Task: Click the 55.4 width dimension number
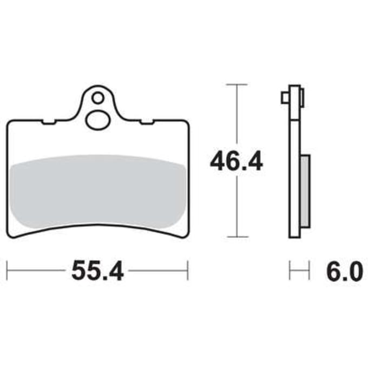(97, 271)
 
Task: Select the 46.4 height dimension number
(236, 161)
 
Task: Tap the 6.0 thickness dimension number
(344, 271)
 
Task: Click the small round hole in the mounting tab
(97, 97)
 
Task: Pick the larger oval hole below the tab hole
(98, 120)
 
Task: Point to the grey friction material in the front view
(98, 191)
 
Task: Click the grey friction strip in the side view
(305, 191)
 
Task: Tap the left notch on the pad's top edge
(49, 122)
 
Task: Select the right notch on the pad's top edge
(147, 122)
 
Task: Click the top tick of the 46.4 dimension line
(237, 84)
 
